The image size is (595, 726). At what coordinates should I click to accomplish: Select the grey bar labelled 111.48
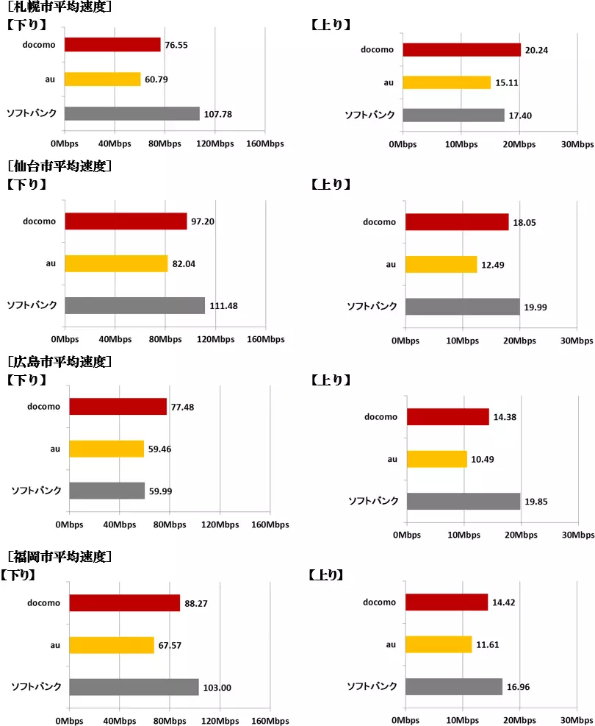coord(134,305)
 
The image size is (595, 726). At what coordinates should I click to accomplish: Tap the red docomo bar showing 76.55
coord(112,45)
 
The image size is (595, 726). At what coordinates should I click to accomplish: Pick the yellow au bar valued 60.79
coord(102,79)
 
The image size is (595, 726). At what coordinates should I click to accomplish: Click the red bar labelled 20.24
coord(461,50)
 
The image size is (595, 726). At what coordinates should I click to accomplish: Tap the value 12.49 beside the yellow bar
coord(494,265)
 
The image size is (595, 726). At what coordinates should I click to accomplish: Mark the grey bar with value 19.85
coord(464,501)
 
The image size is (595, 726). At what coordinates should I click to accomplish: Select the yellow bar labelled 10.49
coord(436,459)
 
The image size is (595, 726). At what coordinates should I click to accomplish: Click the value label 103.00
coord(218,688)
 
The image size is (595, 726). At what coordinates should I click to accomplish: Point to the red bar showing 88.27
coord(124,603)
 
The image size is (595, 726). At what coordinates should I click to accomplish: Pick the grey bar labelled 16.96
coord(453,686)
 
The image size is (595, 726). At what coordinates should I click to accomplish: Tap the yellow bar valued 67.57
coord(112,645)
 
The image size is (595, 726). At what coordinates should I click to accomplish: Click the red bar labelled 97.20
coord(126,221)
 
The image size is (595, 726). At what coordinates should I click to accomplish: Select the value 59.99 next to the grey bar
coord(160,491)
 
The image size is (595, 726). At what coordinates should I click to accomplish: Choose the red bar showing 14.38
coord(447,417)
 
